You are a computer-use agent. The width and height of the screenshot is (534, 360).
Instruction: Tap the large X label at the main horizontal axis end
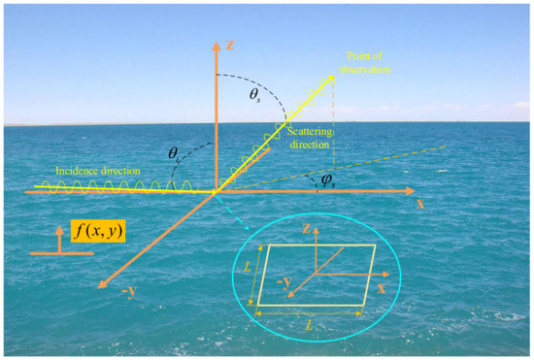coord(419,205)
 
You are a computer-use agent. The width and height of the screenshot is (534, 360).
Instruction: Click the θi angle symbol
coord(173,153)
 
